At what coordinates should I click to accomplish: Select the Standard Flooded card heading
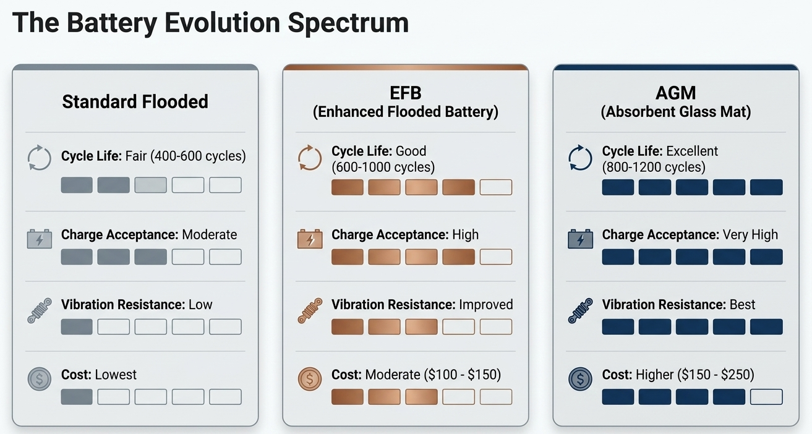point(135,101)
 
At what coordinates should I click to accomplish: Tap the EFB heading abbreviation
point(405,93)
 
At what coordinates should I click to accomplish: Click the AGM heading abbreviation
point(676,93)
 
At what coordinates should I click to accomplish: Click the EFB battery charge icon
point(310,239)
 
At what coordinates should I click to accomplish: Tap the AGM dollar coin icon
point(580,379)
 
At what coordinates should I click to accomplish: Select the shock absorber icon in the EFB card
point(310,310)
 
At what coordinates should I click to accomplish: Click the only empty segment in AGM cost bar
point(766,397)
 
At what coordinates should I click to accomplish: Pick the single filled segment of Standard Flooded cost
point(77,397)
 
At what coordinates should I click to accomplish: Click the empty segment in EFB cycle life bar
point(496,187)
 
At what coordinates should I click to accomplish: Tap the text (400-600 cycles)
point(198,156)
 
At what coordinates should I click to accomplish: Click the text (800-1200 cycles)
point(654,167)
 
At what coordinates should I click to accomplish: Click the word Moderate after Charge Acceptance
point(210,234)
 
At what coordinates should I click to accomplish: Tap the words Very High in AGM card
point(750,235)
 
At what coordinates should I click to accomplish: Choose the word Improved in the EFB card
point(485,305)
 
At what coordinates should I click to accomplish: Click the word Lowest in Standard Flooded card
point(116,375)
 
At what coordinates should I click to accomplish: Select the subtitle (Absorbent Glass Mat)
point(676,111)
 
